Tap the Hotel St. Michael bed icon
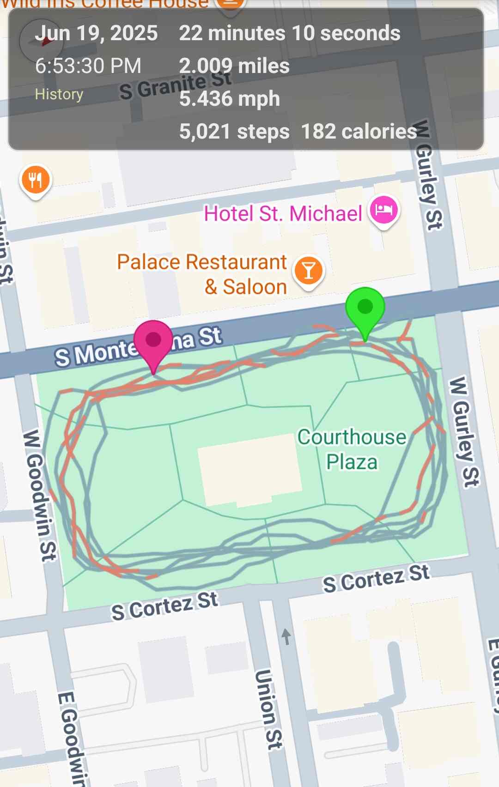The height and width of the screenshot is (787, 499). click(x=383, y=210)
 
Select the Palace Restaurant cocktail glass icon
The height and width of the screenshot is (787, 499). click(x=309, y=271)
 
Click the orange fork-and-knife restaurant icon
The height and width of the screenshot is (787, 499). click(x=35, y=180)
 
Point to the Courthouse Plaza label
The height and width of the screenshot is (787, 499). click(x=352, y=449)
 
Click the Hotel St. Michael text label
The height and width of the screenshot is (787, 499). click(x=283, y=213)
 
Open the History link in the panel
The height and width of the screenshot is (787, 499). click(x=59, y=94)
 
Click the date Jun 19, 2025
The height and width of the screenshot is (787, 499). click(x=96, y=33)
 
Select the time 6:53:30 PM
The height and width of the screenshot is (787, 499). click(x=88, y=66)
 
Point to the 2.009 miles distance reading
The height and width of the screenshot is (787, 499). click(x=234, y=66)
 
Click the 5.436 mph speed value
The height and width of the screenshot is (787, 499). click(x=230, y=98)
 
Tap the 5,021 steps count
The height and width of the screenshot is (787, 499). click(x=234, y=131)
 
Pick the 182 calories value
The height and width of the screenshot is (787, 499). click(x=359, y=131)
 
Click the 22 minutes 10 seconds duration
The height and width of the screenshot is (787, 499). click(x=290, y=33)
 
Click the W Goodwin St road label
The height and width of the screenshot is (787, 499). click(x=40, y=494)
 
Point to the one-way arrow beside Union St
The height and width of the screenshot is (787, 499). click(x=286, y=636)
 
